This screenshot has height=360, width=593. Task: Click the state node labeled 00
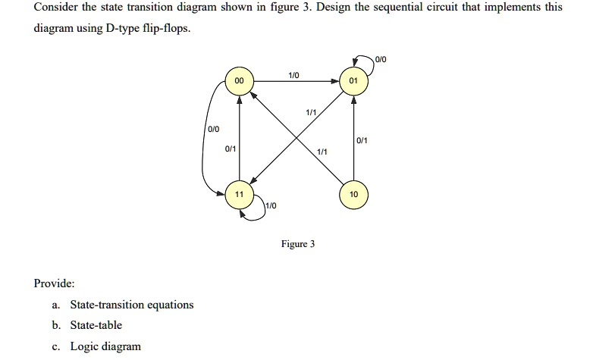(240, 80)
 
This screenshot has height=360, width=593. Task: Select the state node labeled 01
(353, 80)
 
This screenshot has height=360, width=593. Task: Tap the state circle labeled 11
(240, 195)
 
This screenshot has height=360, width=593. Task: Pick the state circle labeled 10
(353, 195)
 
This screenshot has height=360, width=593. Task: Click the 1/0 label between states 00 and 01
(294, 74)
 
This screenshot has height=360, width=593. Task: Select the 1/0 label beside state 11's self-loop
(271, 205)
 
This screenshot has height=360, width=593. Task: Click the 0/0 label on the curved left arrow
(214, 130)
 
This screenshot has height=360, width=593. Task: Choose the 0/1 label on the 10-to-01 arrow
(362, 140)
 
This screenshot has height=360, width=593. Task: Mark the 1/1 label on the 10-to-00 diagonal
(323, 152)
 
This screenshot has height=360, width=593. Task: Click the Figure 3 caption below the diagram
(297, 244)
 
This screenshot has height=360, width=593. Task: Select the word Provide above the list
(55, 283)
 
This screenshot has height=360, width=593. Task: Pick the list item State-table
(96, 325)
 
